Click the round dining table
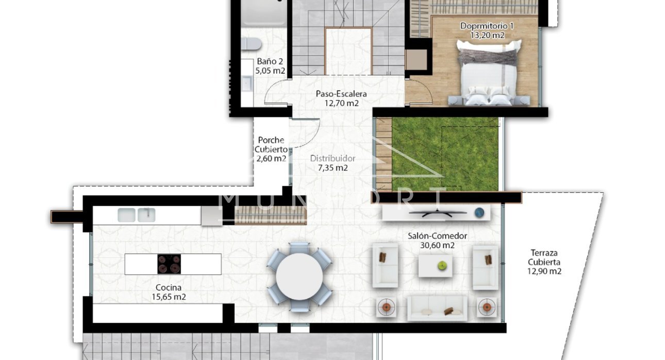click(300, 276)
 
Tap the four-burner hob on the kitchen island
click(169, 264)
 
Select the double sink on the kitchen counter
click(136, 215)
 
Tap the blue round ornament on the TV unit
click(479, 212)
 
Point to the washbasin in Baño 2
click(246, 83)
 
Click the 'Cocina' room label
click(169, 288)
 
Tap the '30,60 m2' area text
click(437, 246)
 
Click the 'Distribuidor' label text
click(332, 159)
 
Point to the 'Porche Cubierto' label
click(271, 144)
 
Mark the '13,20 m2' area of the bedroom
click(487, 35)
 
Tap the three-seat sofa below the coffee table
click(437, 307)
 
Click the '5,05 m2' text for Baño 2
click(271, 71)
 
